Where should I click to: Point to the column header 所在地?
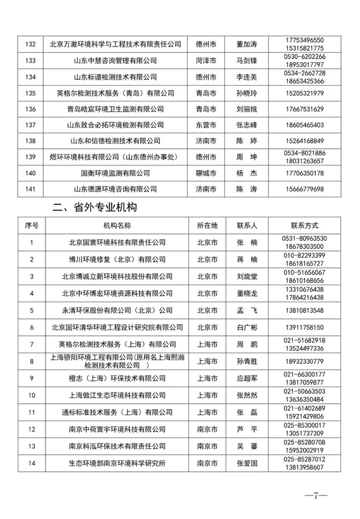207,226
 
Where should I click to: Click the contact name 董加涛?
247,44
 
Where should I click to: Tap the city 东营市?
207,125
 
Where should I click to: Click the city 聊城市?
207,173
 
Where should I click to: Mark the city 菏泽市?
207,61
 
